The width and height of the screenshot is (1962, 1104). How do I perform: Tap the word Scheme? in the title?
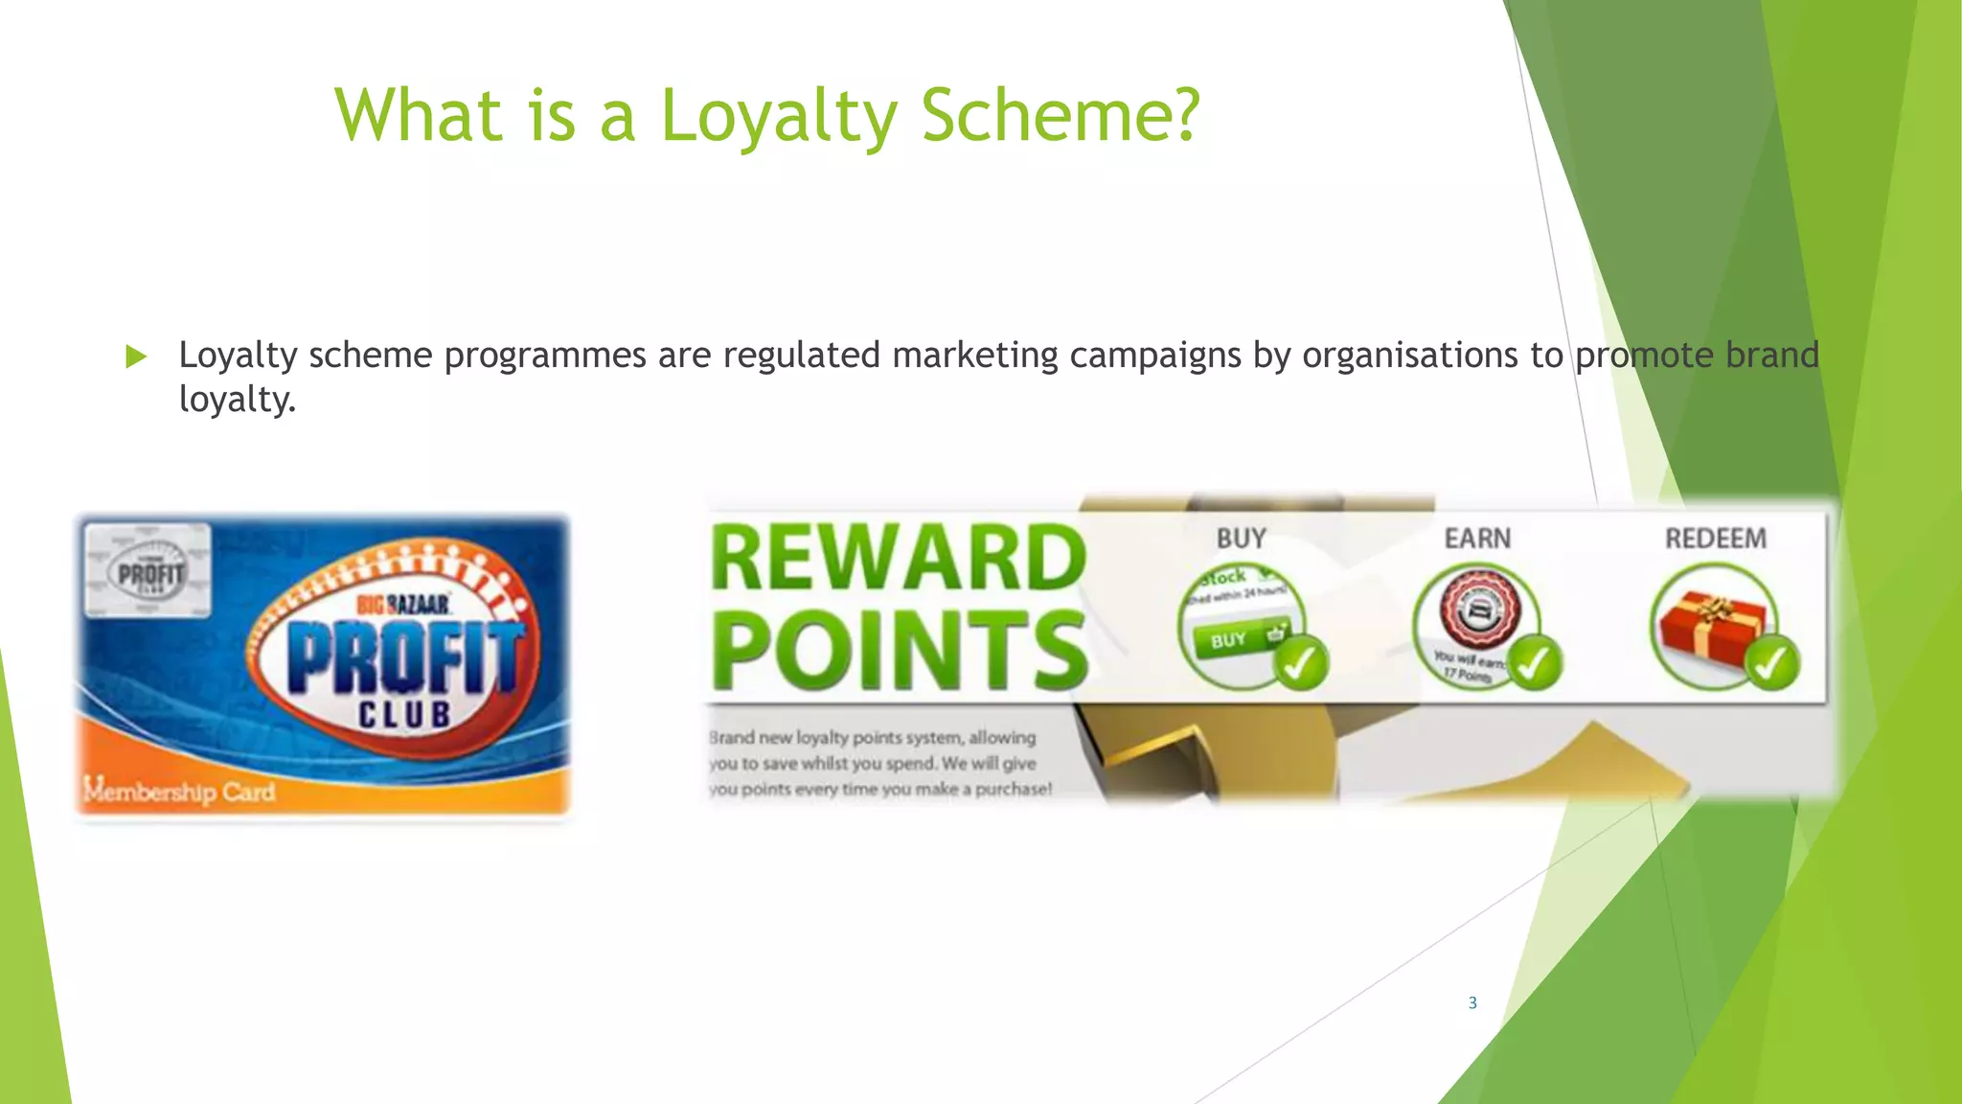[x=1061, y=116]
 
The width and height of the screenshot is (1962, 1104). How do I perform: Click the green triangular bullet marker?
[x=136, y=357]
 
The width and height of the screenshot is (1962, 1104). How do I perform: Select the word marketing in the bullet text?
[x=975, y=356]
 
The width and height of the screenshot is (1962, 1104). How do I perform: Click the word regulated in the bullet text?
[x=801, y=356]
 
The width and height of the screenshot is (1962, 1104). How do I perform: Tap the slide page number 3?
[x=1472, y=1002]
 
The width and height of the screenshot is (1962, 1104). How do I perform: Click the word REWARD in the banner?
[x=899, y=559]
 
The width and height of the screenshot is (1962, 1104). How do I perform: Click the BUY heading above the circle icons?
[x=1241, y=539]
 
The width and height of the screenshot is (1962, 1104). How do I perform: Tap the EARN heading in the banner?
[x=1477, y=539]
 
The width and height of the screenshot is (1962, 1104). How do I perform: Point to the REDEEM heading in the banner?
[x=1715, y=539]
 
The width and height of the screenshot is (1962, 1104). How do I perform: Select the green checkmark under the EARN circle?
[x=1535, y=663]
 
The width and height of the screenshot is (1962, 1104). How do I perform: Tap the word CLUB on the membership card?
[x=404, y=715]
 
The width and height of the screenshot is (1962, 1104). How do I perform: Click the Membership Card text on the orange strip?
[x=179, y=792]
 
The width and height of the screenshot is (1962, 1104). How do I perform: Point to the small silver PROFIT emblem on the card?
[x=149, y=572]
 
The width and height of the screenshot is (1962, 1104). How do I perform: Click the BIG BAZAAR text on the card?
[x=403, y=605]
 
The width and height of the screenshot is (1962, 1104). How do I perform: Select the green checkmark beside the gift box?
[x=1771, y=663]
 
